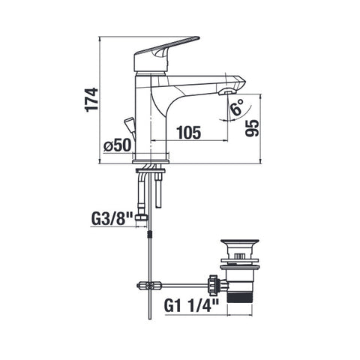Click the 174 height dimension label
(x=91, y=100)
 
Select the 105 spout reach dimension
(x=188, y=132)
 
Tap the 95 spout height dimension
(x=252, y=128)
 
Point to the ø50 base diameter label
(x=117, y=145)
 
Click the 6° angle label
(x=237, y=106)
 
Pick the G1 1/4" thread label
(x=191, y=305)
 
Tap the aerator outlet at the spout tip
(x=226, y=93)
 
